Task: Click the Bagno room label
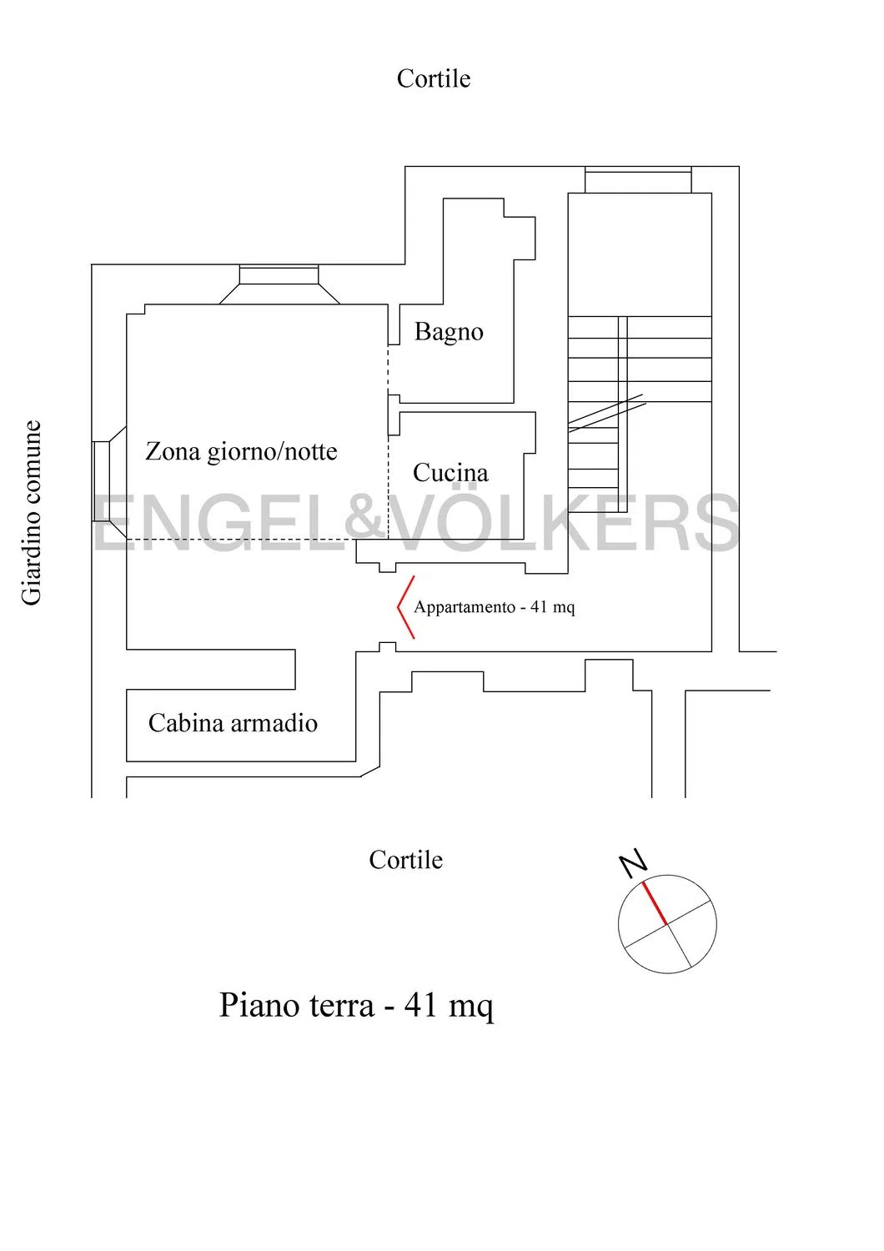pyautogui.click(x=449, y=332)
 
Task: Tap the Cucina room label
pyautogui.click(x=450, y=473)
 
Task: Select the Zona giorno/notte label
pyautogui.click(x=241, y=451)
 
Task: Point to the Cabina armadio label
pyautogui.click(x=233, y=723)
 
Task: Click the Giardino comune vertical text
pyautogui.click(x=32, y=513)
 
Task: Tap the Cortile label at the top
pyautogui.click(x=434, y=78)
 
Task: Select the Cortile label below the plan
pyautogui.click(x=405, y=860)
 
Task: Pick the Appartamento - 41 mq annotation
pyautogui.click(x=495, y=607)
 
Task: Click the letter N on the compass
pyautogui.click(x=633, y=864)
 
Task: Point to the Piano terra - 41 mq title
pyautogui.click(x=356, y=1006)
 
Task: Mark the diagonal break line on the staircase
pyautogui.click(x=606, y=414)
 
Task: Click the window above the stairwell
pyautogui.click(x=638, y=180)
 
